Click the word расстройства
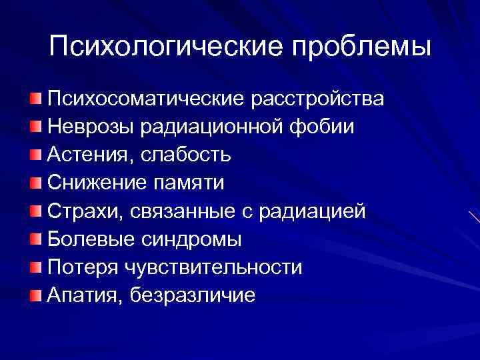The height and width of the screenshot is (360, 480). tap(317, 99)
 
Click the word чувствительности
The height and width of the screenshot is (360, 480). tap(212, 267)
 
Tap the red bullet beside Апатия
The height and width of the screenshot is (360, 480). tap(35, 295)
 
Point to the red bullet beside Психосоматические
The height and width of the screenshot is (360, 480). tap(35, 99)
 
